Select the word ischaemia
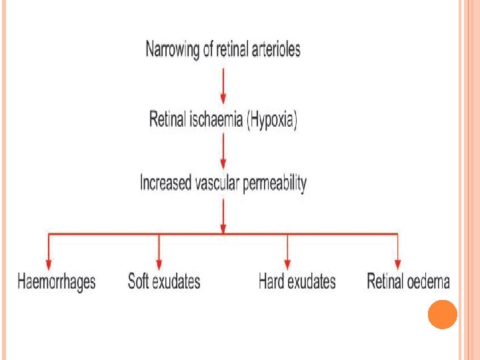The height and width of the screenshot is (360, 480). pyautogui.click(x=209, y=121)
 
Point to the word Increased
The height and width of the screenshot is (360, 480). pyautogui.click(x=164, y=182)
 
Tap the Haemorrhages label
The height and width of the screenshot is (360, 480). pyautogui.click(x=57, y=281)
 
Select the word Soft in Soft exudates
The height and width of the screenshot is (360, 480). pyautogui.click(x=138, y=281)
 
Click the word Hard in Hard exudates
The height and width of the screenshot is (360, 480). pyautogui.click(x=271, y=281)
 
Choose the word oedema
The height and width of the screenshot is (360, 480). pyautogui.click(x=428, y=281)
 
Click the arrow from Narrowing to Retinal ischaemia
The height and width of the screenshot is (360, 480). pyautogui.click(x=223, y=85)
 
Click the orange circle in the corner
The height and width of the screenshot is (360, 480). pyautogui.click(x=442, y=314)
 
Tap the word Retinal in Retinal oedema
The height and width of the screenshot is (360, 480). pyautogui.click(x=385, y=281)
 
